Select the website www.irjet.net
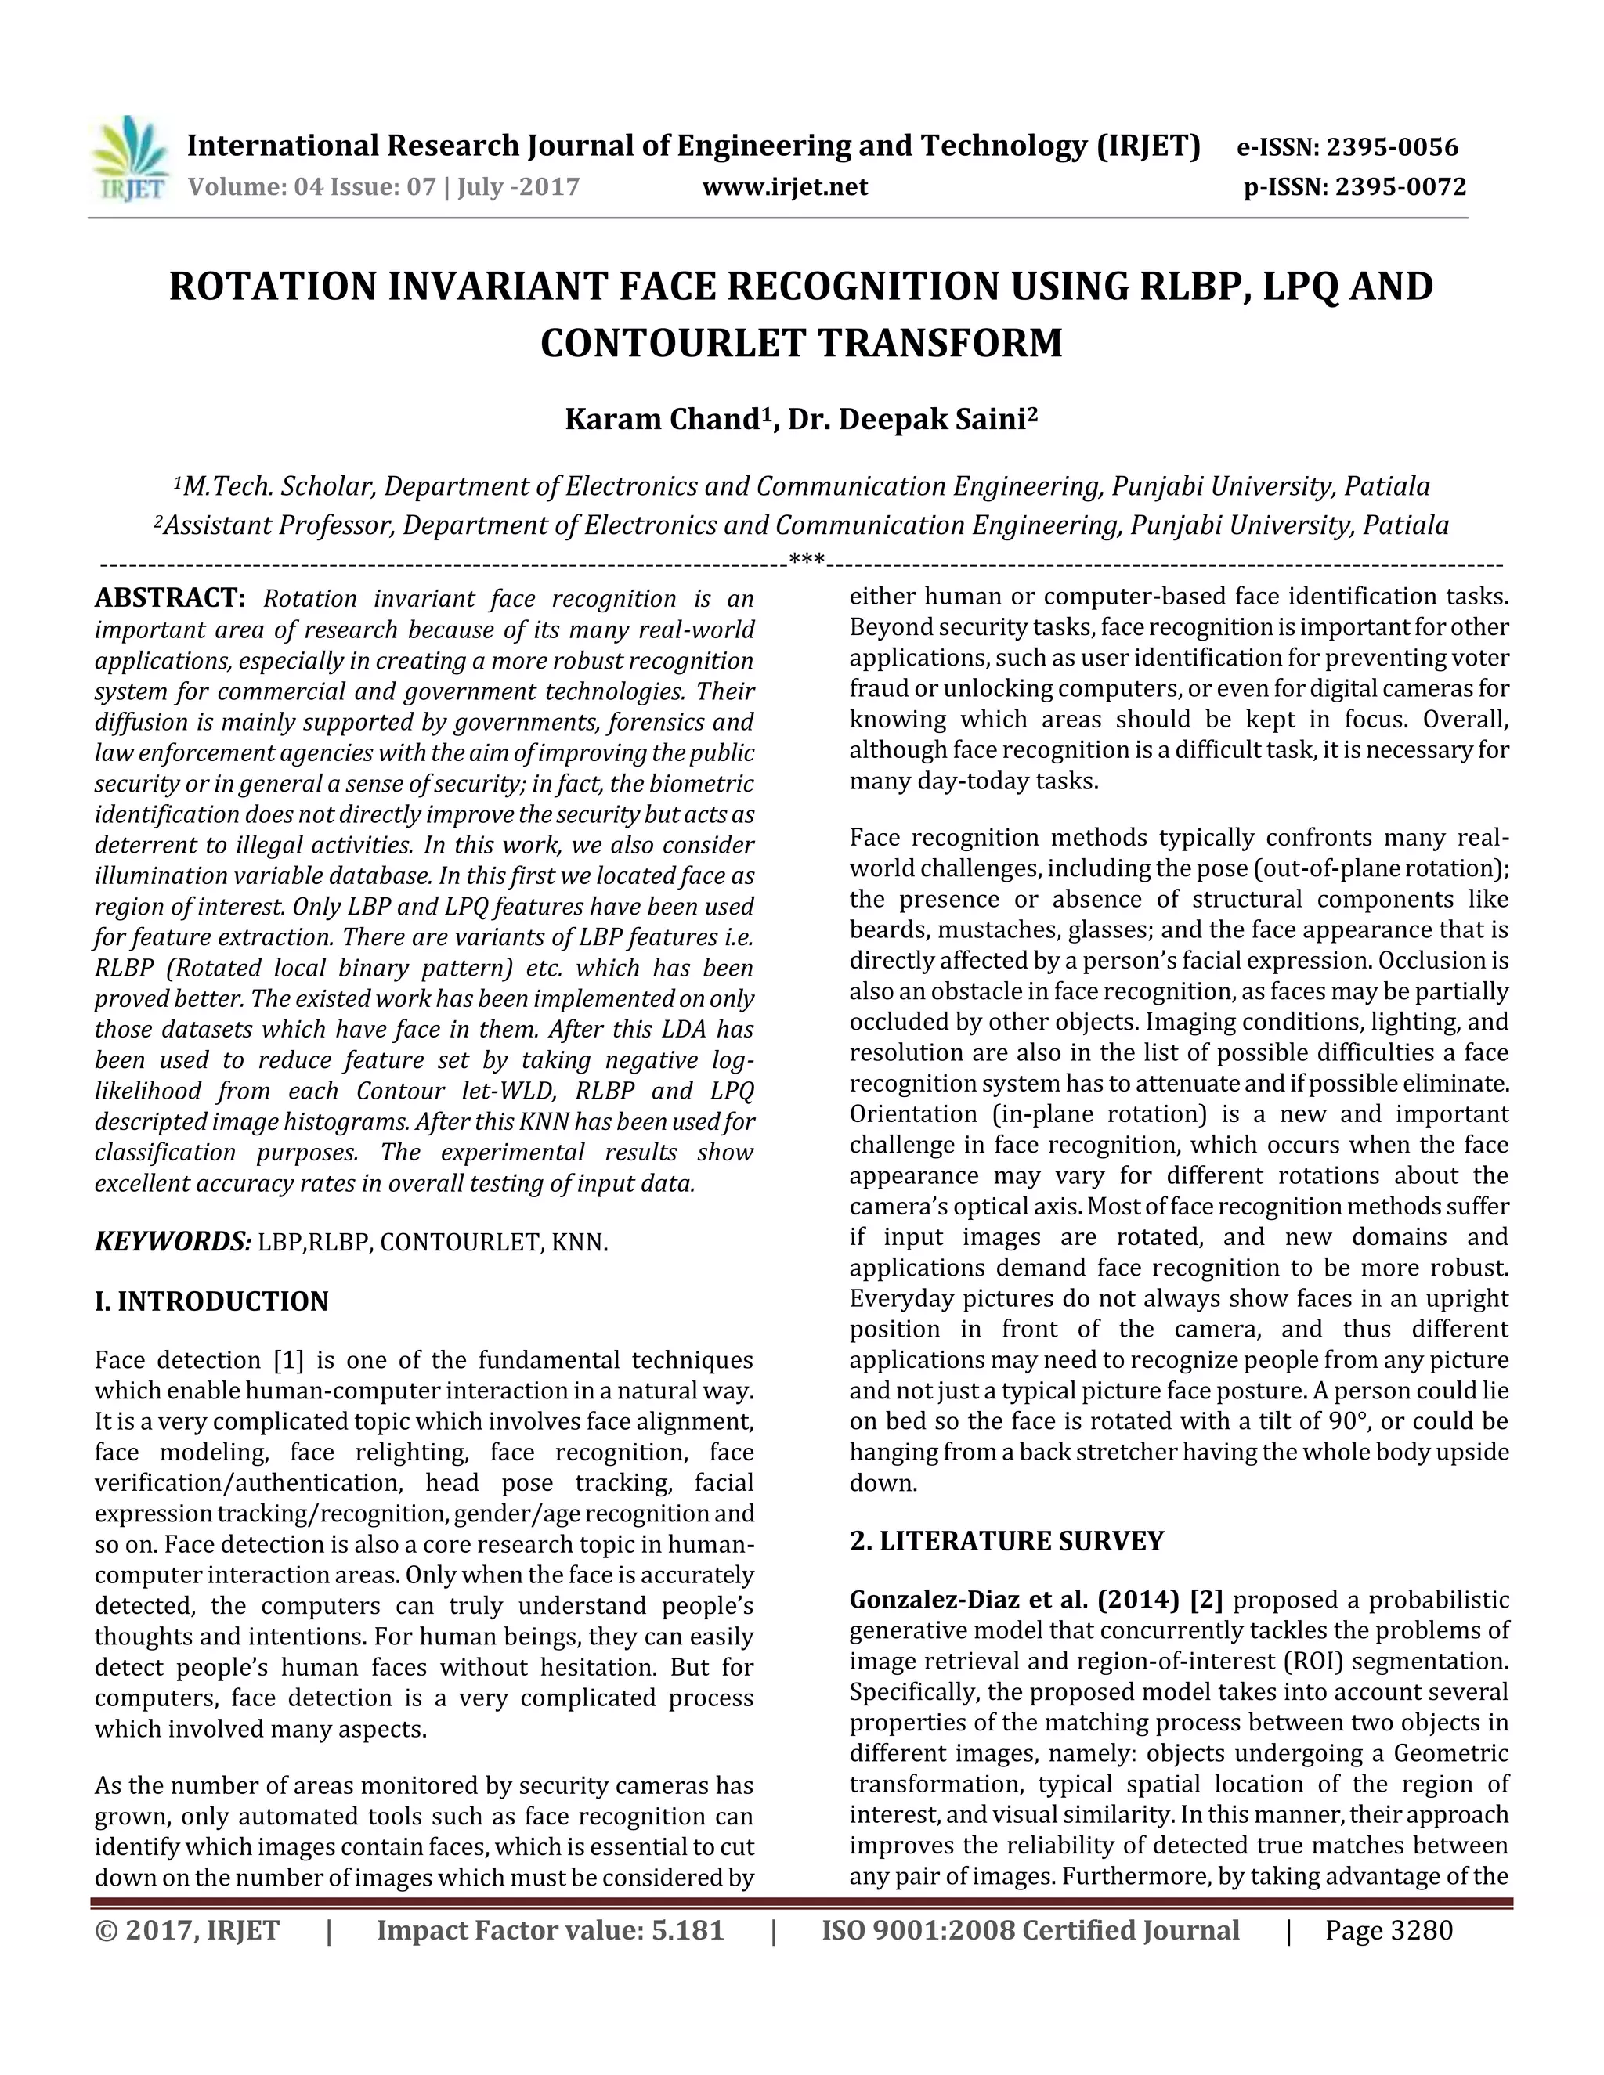tap(785, 187)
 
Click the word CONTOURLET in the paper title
tap(672, 343)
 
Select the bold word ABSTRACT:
tap(170, 598)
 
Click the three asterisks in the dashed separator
tap(807, 560)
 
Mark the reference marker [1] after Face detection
tap(288, 1361)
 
